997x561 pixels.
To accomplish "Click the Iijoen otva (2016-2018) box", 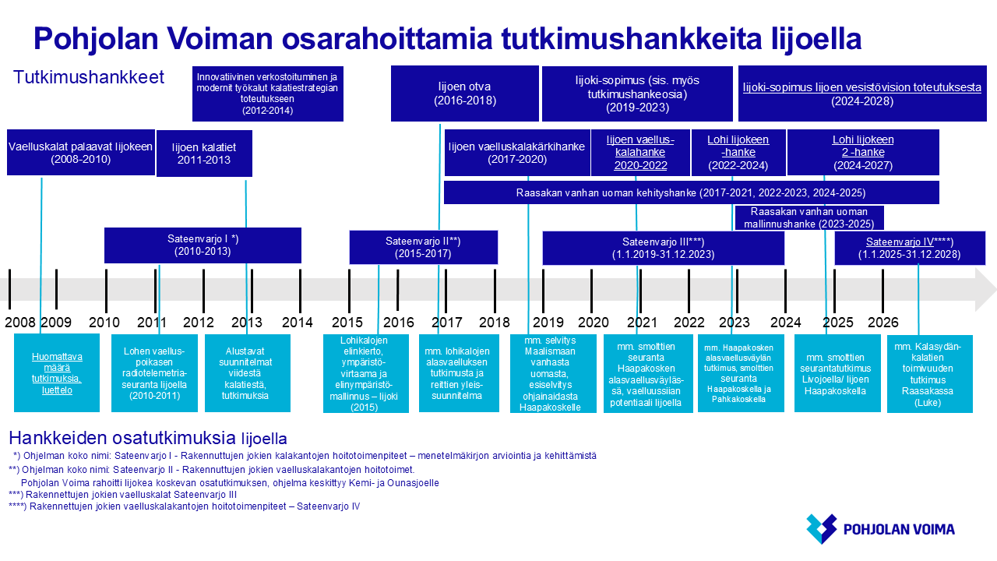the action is [465, 93].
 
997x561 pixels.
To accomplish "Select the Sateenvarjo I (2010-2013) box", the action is [203, 245].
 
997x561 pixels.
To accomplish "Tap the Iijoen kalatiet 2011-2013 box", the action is [204, 153].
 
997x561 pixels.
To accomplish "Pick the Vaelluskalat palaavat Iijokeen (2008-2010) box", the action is [80, 152].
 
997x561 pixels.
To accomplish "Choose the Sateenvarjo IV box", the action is [910, 248].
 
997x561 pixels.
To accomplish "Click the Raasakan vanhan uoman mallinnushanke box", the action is [809, 217].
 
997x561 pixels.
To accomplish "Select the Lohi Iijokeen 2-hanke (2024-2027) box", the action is [863, 152].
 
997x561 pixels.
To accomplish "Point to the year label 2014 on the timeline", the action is [298, 323].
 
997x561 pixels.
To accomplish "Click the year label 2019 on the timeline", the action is [548, 323].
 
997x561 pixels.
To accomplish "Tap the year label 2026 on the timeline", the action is [883, 323].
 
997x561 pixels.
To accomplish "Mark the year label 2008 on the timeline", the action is [20, 323].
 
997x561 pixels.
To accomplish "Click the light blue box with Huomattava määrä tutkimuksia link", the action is [57, 373].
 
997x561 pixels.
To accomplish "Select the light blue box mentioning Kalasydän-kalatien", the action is [930, 374].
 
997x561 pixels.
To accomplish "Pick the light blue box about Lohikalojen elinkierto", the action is [366, 374].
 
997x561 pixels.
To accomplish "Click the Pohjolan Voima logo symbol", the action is [822, 529].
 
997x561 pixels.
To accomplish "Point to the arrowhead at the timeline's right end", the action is [985, 289].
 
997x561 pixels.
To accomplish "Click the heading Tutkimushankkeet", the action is [89, 77].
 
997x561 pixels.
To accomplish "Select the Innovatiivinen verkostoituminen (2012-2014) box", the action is [267, 94].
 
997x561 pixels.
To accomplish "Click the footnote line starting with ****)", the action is [185, 506].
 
